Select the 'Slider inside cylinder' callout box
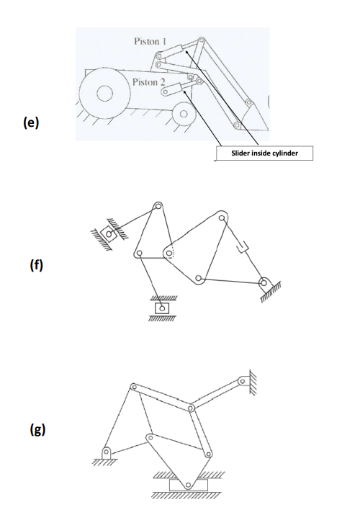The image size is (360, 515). tap(264, 153)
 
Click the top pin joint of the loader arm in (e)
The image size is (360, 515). tap(202, 41)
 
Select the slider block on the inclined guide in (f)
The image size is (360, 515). tap(108, 233)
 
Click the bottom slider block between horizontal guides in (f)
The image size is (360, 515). tap(163, 308)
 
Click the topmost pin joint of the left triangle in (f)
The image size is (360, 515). tap(156, 208)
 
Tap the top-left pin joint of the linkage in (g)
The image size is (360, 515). tap(132, 388)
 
